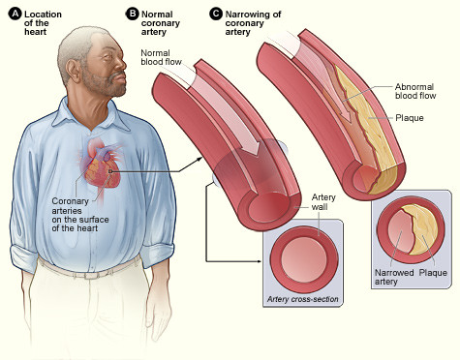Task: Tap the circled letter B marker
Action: click(132, 12)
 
